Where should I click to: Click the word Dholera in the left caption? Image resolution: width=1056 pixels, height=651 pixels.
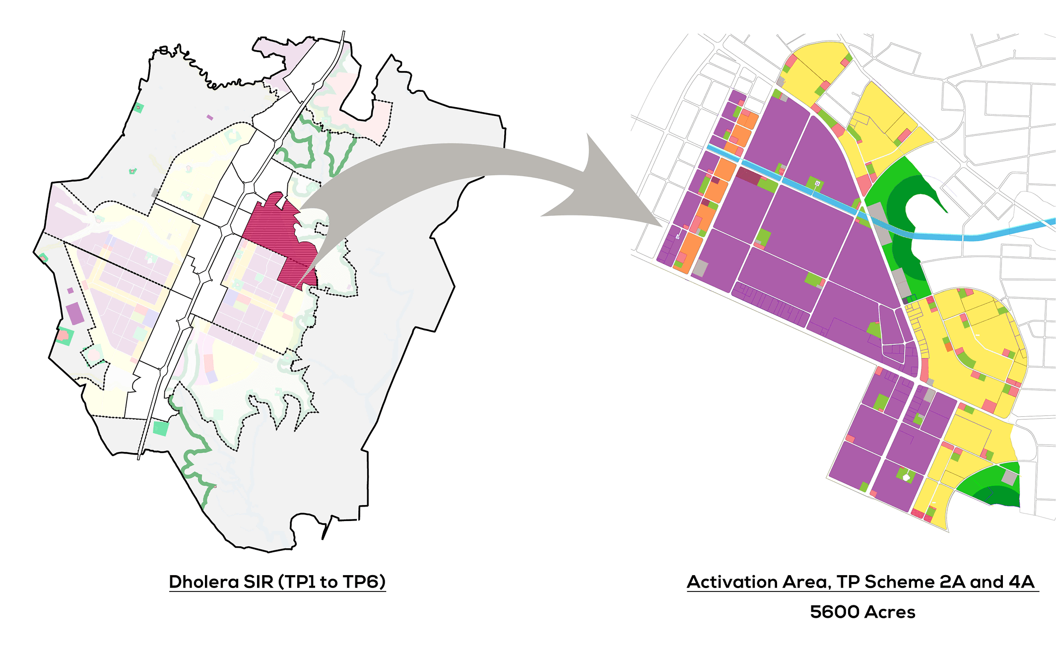point(204,582)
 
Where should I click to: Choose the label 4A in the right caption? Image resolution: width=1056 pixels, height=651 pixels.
point(1021,582)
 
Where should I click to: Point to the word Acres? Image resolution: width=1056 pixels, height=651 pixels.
point(891,612)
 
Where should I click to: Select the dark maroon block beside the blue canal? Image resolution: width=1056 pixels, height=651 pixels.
point(748,175)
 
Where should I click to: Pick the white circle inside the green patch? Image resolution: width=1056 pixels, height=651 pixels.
point(906,477)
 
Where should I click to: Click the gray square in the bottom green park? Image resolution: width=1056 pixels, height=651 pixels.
point(1009,478)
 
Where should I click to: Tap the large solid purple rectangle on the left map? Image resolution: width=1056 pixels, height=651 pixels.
point(74,314)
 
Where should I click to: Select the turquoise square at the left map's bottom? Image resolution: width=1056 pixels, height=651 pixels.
point(160,428)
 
